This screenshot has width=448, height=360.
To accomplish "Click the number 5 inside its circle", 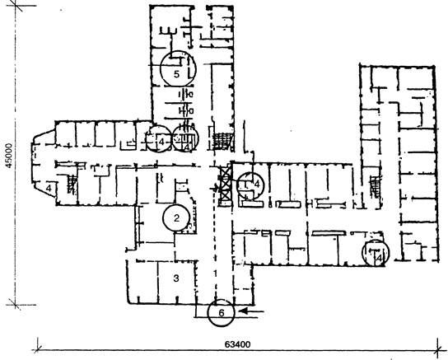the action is click(x=176, y=74).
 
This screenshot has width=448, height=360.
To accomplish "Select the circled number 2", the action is click(x=176, y=218).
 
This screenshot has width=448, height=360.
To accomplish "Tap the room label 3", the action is click(x=176, y=278).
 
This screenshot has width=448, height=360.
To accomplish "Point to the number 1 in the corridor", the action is click(x=215, y=274).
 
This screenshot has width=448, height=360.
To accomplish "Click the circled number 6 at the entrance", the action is click(x=222, y=313).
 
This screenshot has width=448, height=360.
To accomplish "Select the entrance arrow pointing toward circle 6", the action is click(x=251, y=311).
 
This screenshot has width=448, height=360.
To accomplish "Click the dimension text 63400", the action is click(x=237, y=344).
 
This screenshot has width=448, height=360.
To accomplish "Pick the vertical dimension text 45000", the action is click(x=9, y=156).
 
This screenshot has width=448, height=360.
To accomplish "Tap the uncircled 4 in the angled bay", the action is click(x=49, y=189).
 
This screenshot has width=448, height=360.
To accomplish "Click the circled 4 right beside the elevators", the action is click(x=251, y=185).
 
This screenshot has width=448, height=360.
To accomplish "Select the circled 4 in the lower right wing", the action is click(x=376, y=253).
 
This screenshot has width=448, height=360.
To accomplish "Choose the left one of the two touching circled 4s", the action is click(x=160, y=139).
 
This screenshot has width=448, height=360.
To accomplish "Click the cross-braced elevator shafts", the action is click(x=226, y=185).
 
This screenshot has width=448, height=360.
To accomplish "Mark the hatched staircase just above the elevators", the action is click(x=222, y=141).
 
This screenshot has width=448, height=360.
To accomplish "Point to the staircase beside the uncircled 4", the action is click(x=72, y=185).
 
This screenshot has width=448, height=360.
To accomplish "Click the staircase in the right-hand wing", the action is click(x=376, y=187).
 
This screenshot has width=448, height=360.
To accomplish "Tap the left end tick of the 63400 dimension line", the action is click(x=38, y=349).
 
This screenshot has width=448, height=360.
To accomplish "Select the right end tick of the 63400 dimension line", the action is click(x=437, y=349).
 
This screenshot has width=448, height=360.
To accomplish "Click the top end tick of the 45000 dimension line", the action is click(x=16, y=6).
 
